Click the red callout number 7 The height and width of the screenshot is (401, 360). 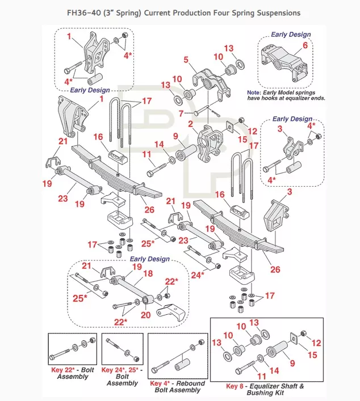tap(182, 113)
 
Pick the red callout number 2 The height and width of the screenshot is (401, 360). tap(191, 123)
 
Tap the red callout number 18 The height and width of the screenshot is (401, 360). tap(148, 273)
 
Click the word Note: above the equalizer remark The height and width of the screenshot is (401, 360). tap(254, 92)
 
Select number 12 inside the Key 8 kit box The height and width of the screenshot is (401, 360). tap(317, 343)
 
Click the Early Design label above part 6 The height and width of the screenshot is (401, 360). tap(291, 34)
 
